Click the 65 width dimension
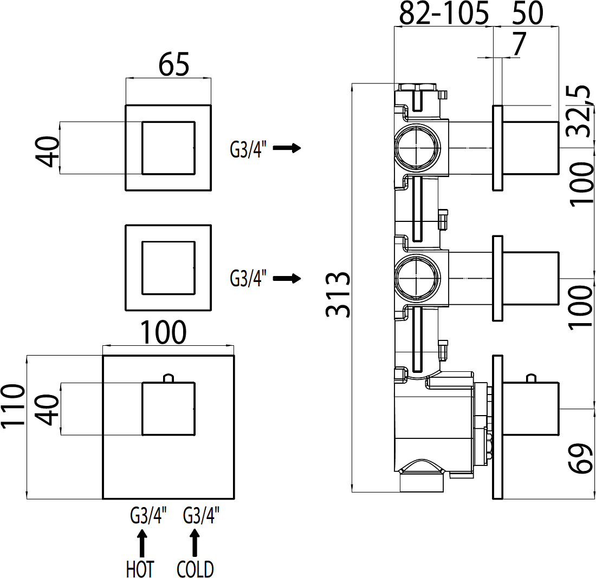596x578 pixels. coord(174,64)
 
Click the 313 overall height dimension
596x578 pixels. coord(338,295)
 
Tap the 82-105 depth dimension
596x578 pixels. coord(444,13)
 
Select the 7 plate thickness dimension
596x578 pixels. coord(519,44)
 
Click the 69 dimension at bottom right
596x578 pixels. coord(580,458)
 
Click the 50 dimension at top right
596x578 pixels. coord(528,13)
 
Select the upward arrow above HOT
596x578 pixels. coord(142,543)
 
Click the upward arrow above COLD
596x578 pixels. coord(195,543)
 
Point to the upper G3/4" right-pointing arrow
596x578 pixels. coord(287,148)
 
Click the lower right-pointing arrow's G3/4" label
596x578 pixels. coord(248,278)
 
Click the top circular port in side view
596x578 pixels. coord(418,147)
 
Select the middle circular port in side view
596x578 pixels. coord(418,278)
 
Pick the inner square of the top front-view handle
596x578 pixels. coord(169,148)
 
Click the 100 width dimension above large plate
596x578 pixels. coord(164,332)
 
